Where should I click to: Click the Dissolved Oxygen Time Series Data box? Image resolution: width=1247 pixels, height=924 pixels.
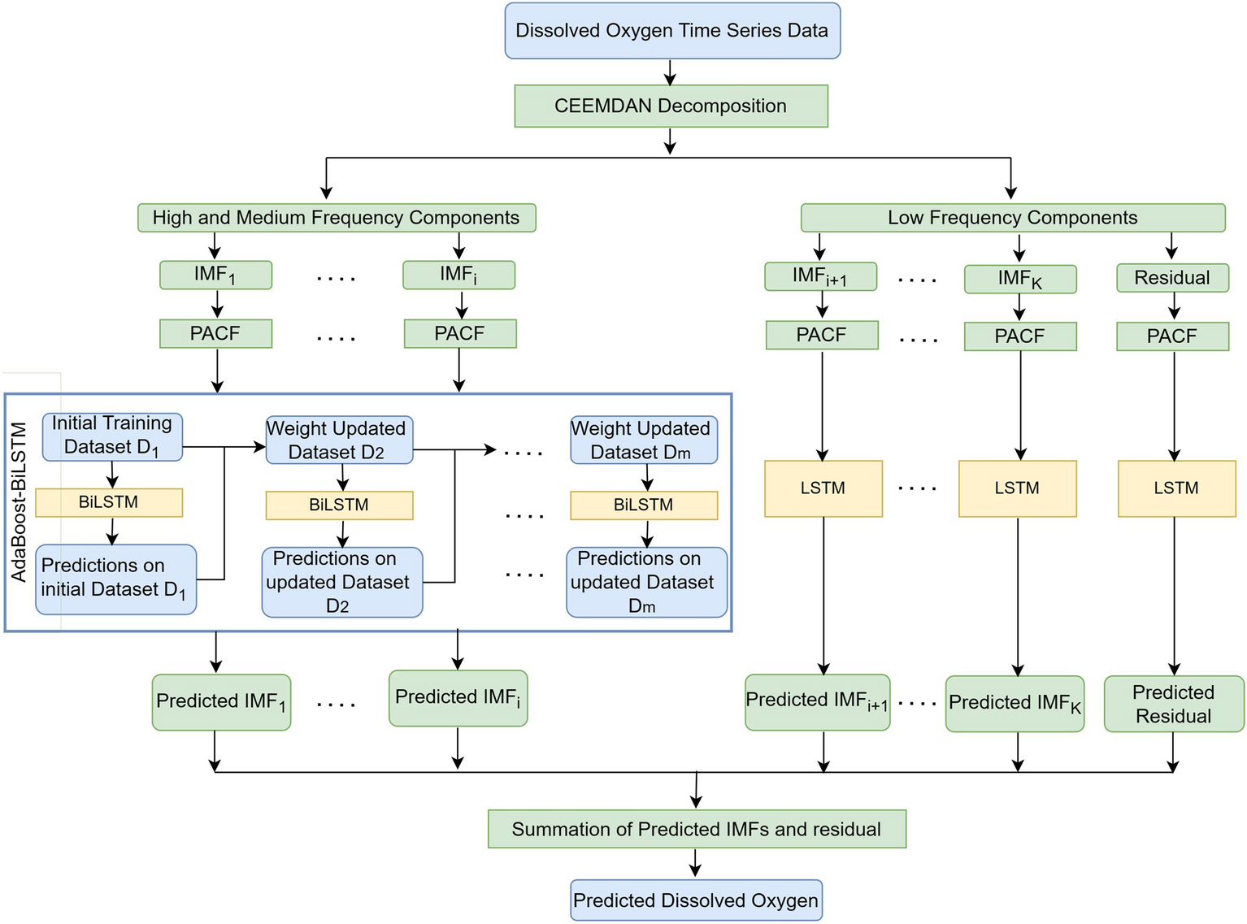(x=671, y=31)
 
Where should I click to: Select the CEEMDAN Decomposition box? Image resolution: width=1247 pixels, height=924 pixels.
(x=671, y=106)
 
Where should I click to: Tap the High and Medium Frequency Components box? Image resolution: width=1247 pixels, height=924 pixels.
(x=336, y=218)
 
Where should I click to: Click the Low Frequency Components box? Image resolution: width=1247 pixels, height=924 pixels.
(x=1012, y=218)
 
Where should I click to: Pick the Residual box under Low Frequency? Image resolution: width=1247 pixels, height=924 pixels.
(x=1171, y=278)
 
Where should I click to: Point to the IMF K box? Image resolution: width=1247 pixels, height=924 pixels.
(x=1019, y=279)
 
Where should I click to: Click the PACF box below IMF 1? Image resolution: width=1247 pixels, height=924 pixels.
(x=215, y=333)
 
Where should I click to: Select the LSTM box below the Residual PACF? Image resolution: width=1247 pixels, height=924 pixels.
(x=1176, y=488)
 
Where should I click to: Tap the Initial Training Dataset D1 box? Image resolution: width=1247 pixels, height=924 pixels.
(x=112, y=436)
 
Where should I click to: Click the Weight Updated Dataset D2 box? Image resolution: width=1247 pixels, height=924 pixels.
(x=338, y=440)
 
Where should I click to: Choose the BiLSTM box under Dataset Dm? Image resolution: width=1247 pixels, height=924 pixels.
(x=643, y=505)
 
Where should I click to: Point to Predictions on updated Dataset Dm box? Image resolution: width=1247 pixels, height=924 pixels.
(x=645, y=582)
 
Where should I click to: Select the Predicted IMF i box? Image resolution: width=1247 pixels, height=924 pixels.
(x=458, y=698)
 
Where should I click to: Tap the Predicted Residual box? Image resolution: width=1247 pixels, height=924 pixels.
(x=1173, y=704)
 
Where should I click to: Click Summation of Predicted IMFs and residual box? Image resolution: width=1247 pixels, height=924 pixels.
(x=697, y=829)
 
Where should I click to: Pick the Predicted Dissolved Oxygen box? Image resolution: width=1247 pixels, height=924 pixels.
(x=696, y=900)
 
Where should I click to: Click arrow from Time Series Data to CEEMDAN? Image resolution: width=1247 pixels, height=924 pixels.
(x=670, y=72)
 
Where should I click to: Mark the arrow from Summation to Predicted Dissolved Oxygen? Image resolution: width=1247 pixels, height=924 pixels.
(x=695, y=863)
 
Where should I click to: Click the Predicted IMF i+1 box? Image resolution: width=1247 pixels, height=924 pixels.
(x=817, y=701)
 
